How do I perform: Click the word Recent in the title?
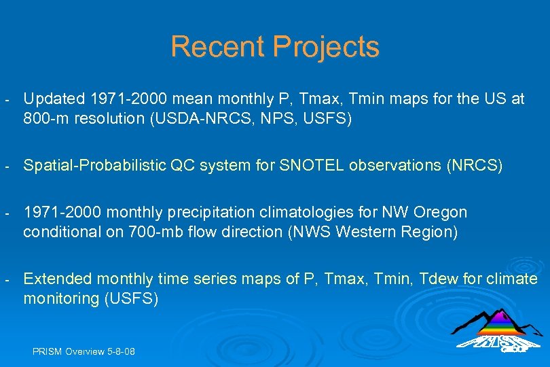[217, 46]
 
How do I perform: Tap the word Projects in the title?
[326, 48]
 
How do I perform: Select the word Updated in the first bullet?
[54, 99]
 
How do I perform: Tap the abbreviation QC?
[183, 165]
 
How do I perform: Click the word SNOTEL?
[311, 165]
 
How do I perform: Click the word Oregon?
[440, 213]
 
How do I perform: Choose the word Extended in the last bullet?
[58, 279]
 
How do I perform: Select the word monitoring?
[61, 299]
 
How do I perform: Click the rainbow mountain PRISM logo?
[498, 330]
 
